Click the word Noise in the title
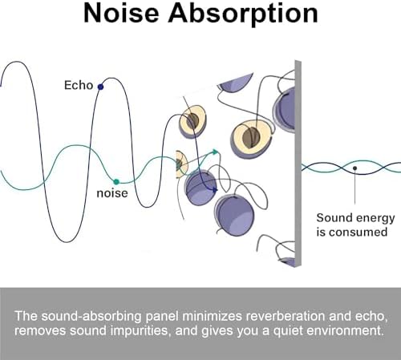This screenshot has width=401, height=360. pos(121,13)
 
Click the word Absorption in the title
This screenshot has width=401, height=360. pos(243,14)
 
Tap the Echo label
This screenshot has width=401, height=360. pos(79,85)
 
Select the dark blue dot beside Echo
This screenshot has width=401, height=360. pos(100,87)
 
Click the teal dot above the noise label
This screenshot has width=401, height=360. pos(116,182)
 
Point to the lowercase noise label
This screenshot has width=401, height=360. pos(112,193)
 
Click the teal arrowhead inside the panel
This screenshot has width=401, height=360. pos(216,152)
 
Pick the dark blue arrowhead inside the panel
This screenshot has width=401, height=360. pos(214,190)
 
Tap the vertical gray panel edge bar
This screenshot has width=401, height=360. pos(298,164)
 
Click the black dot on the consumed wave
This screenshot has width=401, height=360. pos(354,168)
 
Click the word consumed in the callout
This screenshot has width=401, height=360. pos(358,232)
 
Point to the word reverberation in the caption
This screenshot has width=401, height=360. pos(286,316)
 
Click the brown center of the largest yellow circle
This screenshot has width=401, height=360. pos(251,137)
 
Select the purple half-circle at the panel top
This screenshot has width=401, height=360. pos(235,82)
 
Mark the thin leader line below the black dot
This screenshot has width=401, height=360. pos(355,187)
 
